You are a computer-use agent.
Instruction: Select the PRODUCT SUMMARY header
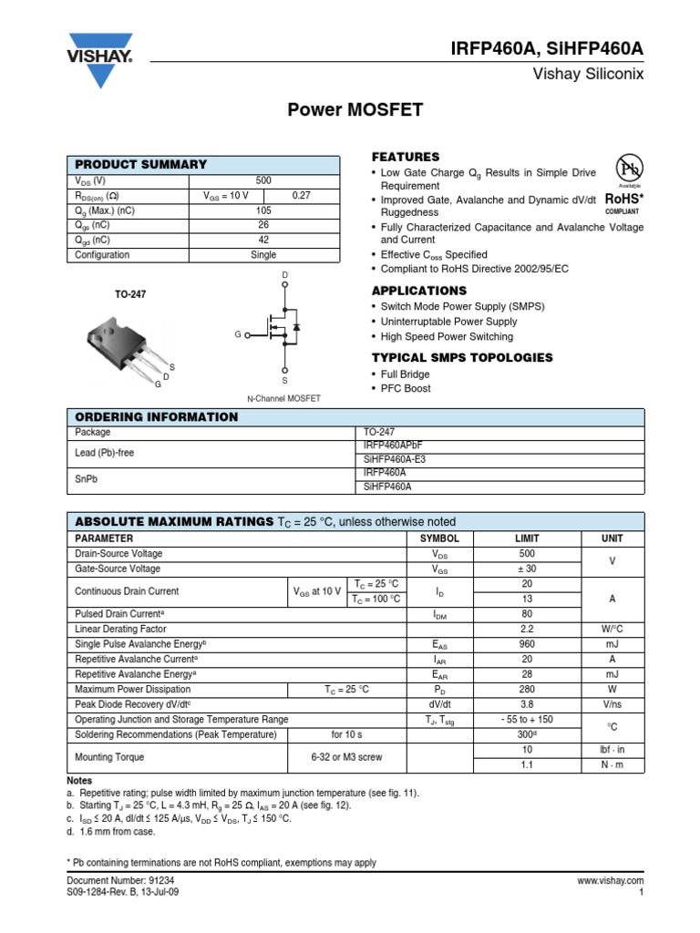pos(140,165)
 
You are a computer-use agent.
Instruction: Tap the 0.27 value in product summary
pos(301,196)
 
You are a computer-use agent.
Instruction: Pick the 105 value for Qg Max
pos(263,210)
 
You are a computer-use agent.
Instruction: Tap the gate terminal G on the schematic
pos(237,335)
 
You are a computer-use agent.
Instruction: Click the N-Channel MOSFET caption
pos(285,399)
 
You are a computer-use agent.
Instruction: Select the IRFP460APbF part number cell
pos(394,446)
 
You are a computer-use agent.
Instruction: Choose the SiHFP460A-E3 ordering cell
pos(394,459)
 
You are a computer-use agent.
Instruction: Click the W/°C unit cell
pos(612,630)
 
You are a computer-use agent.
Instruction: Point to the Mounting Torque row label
pos(109,757)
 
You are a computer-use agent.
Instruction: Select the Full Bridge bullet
pos(402,374)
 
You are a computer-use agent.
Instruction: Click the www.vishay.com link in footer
pos(611,882)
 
